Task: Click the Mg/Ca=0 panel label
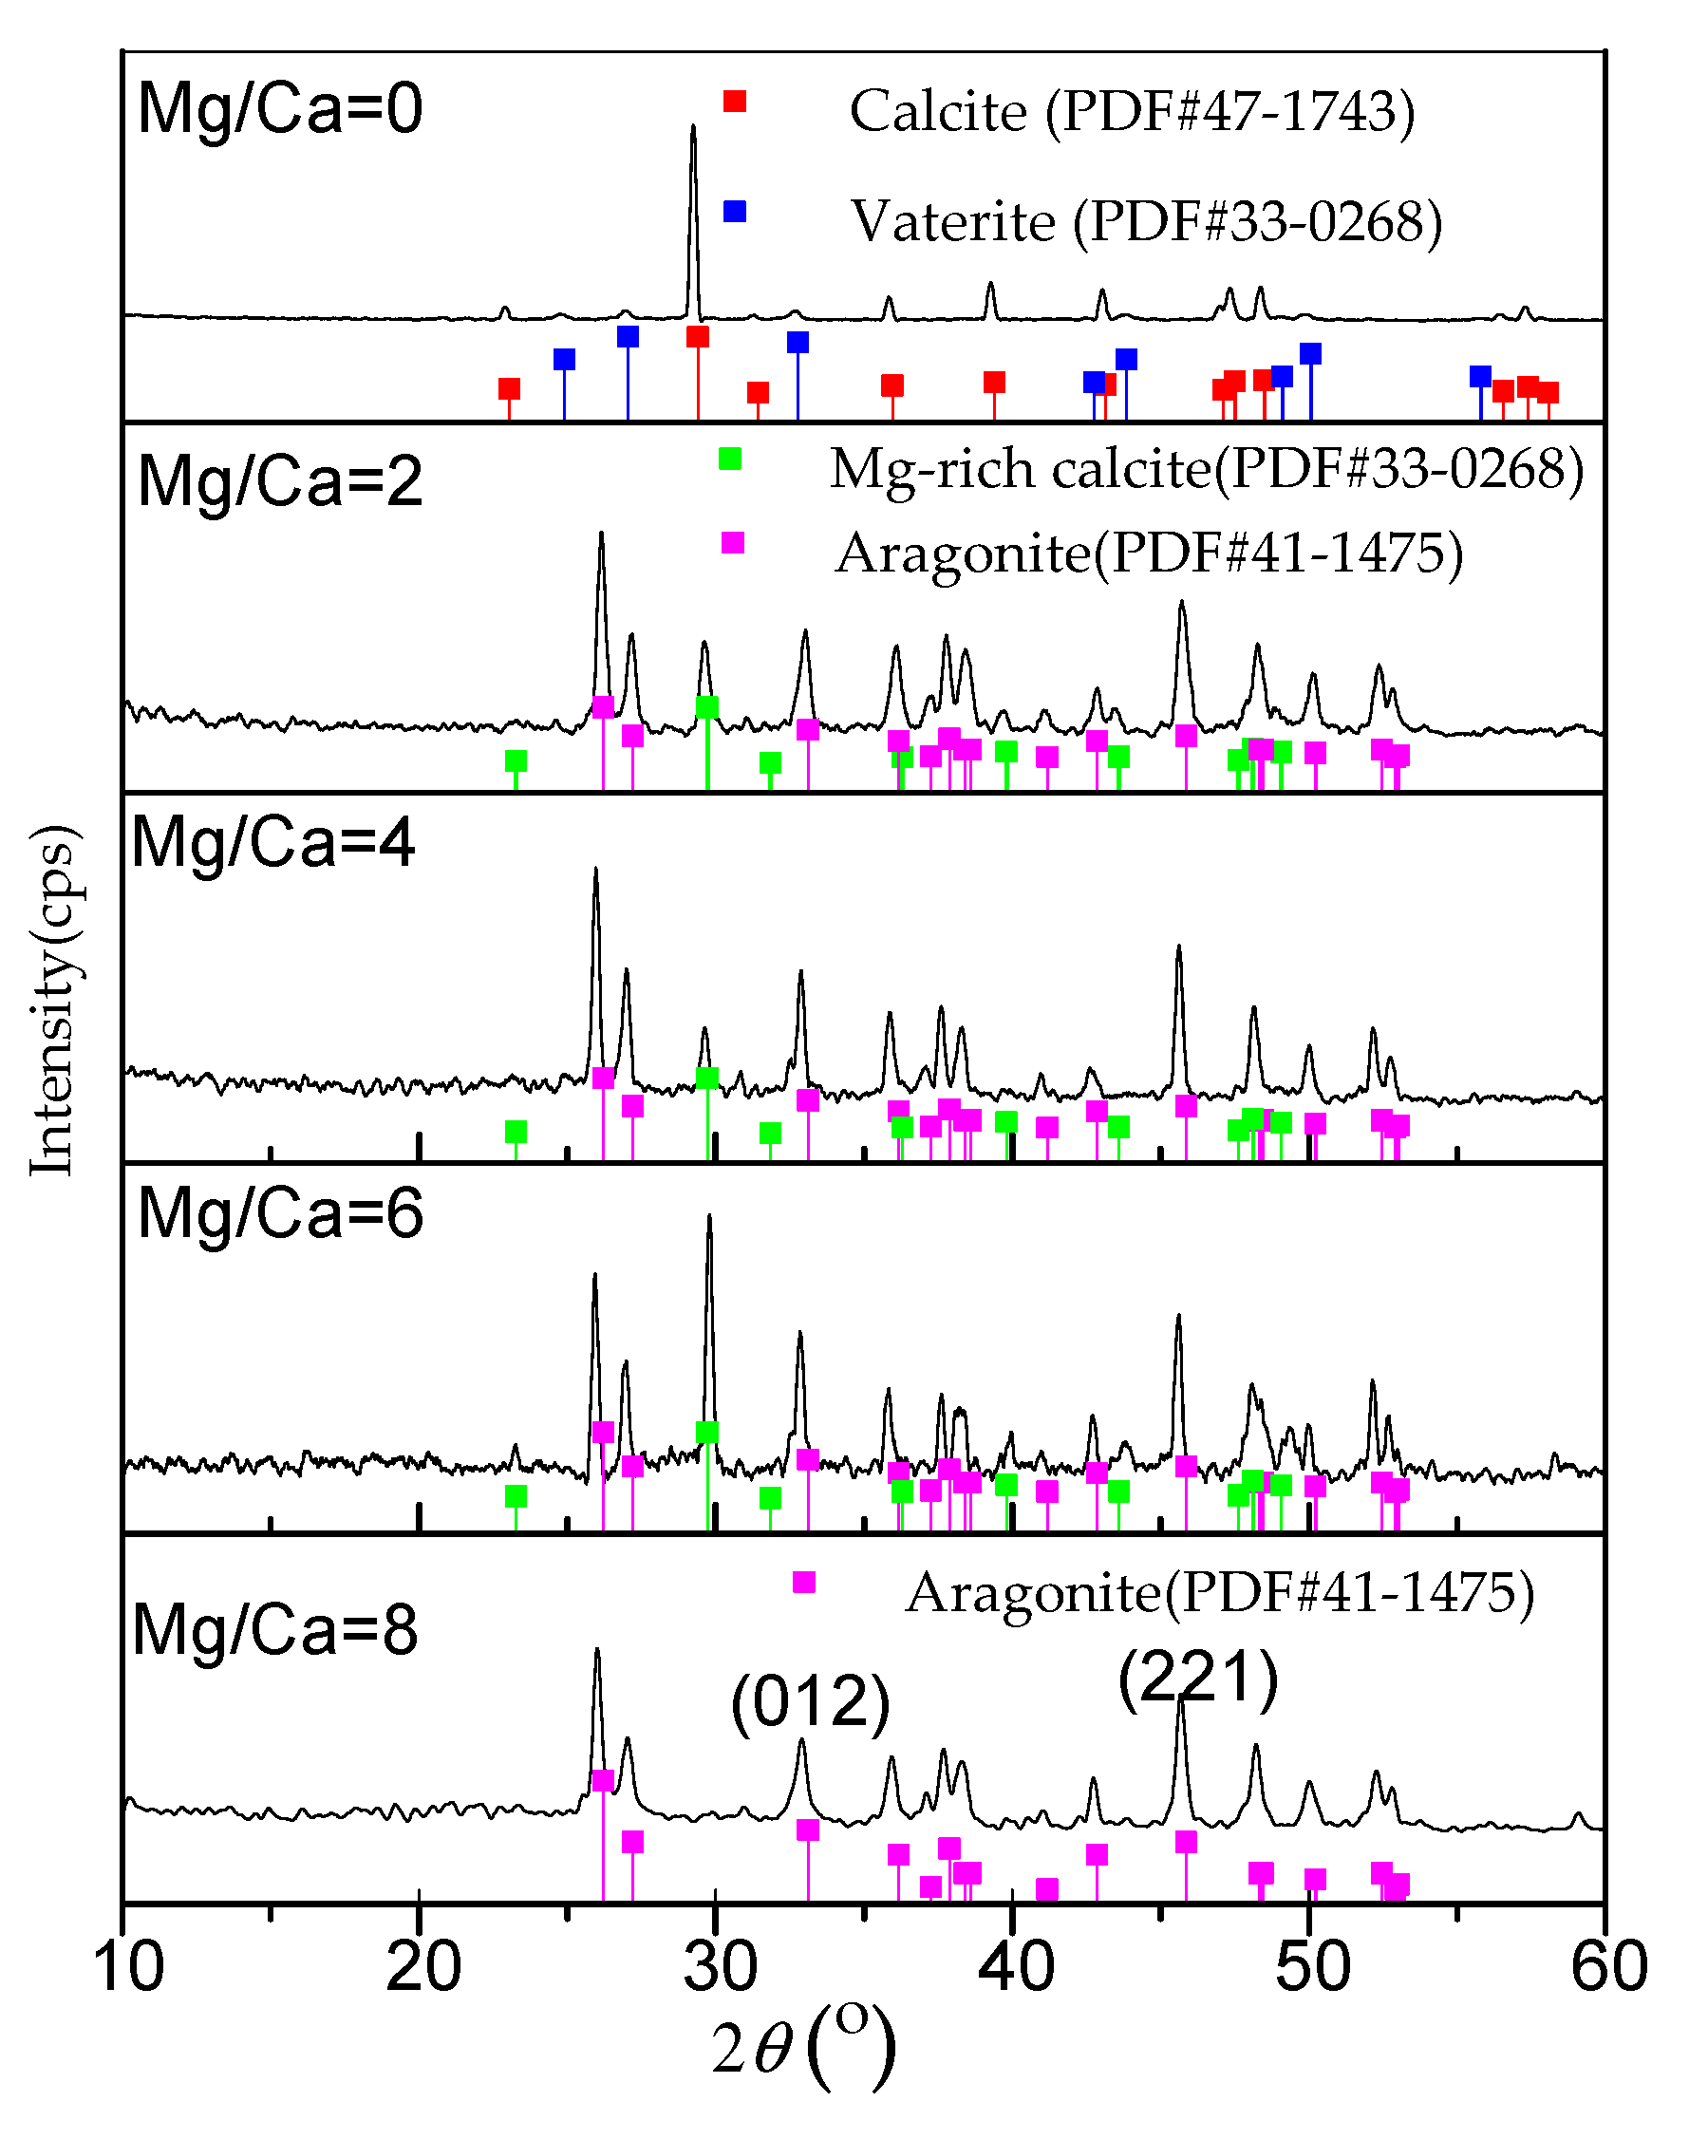pyautogui.click(x=280, y=109)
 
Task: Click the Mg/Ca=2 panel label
pyautogui.click(x=280, y=481)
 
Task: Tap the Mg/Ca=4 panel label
pyautogui.click(x=274, y=842)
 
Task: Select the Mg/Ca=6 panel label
pyautogui.click(x=280, y=1213)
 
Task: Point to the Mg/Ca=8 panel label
pyautogui.click(x=275, y=1630)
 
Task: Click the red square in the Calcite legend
pyautogui.click(x=734, y=101)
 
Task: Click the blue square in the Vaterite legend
pyautogui.click(x=734, y=212)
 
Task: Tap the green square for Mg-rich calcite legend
pyautogui.click(x=730, y=459)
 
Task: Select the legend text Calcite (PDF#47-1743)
pyautogui.click(x=1133, y=111)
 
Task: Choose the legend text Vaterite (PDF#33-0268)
pyautogui.click(x=1147, y=221)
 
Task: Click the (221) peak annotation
pyautogui.click(x=1198, y=1678)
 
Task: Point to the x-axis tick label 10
pyautogui.click(x=126, y=1966)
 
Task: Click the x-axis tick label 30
pyautogui.click(x=720, y=1966)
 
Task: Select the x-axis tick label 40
pyautogui.click(x=1016, y=1966)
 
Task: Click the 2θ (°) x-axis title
pyautogui.click(x=803, y=2047)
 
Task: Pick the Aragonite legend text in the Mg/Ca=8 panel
pyautogui.click(x=1219, y=1593)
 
